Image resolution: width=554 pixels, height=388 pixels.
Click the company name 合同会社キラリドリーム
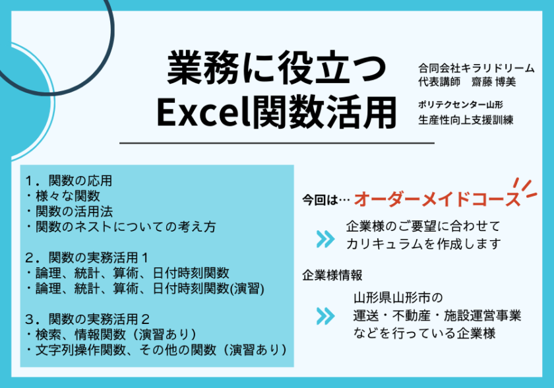(x=476, y=68)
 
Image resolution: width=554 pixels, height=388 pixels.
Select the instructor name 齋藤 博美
(x=493, y=82)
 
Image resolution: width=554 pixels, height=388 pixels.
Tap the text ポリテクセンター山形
(x=460, y=105)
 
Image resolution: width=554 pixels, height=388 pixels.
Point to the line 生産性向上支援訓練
(x=466, y=120)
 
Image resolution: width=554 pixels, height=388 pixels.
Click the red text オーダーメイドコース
(x=437, y=199)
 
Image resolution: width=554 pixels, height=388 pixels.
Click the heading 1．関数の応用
(x=69, y=181)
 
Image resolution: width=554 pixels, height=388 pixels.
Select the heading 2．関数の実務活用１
(x=87, y=257)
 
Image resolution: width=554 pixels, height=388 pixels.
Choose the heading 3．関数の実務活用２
(x=87, y=319)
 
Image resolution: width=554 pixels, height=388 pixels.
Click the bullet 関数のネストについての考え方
(x=121, y=226)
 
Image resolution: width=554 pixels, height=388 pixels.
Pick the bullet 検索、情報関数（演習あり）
(x=112, y=335)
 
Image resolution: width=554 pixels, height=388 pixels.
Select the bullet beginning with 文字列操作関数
(x=157, y=350)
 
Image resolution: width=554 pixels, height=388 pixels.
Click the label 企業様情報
(x=332, y=275)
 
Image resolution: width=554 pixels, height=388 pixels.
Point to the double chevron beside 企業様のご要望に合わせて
(x=325, y=239)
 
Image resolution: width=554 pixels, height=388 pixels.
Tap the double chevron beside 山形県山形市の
(x=325, y=316)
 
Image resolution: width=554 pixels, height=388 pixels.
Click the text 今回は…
(x=326, y=200)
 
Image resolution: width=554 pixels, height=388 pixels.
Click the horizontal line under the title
(x=276, y=143)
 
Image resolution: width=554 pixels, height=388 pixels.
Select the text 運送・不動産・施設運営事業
(x=437, y=315)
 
